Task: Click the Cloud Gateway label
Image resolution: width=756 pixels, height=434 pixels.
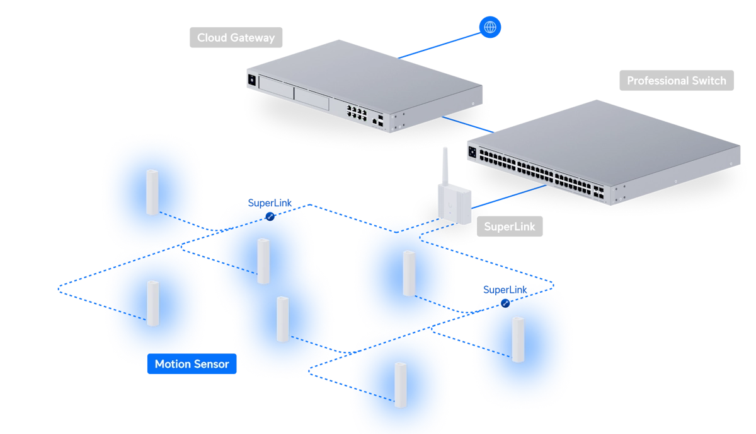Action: (236, 37)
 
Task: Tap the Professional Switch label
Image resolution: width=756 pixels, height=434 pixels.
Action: (677, 81)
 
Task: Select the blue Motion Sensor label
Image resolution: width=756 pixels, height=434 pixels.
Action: (192, 364)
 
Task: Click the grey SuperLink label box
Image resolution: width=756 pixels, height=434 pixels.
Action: (510, 226)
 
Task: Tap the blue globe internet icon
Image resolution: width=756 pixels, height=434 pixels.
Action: (490, 27)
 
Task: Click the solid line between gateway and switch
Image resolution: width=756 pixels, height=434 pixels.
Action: (467, 124)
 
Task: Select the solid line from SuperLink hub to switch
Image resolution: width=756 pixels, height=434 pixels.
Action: (508, 197)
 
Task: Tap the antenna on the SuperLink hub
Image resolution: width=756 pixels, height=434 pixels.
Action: (445, 167)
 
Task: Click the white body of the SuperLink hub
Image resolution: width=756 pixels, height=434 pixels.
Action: (455, 205)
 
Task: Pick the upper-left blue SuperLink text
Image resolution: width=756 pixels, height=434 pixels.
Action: (270, 202)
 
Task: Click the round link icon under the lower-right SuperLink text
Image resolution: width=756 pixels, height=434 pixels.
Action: (505, 303)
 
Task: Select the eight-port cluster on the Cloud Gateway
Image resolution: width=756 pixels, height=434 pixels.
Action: (357, 112)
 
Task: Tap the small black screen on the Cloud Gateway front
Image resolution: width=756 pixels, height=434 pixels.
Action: (252, 80)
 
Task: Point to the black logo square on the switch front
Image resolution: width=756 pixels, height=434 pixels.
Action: (472, 153)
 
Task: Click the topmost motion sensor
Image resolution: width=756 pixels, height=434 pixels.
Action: (152, 192)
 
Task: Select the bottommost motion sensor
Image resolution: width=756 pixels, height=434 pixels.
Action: (401, 385)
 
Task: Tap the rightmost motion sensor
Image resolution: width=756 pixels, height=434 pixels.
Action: (518, 340)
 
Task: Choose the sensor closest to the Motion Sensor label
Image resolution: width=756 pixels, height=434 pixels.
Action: (153, 303)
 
